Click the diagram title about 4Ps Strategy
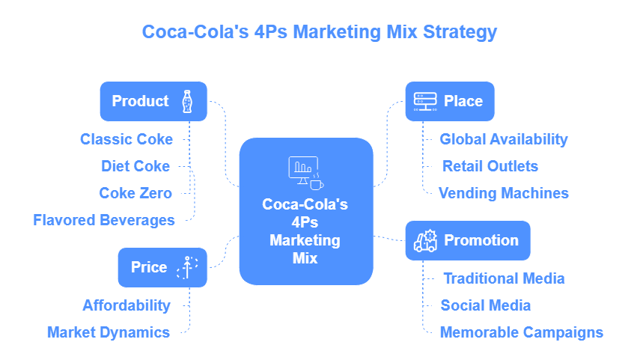pos(320,32)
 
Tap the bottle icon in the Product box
pos(186,101)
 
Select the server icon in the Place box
pos(424,101)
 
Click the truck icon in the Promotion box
pos(424,240)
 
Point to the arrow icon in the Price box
pos(186,267)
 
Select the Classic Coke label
pos(127,139)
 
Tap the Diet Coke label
pos(135,166)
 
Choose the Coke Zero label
pos(135,193)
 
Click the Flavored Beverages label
pos(104,220)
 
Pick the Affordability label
pos(127,305)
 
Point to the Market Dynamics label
pos(109,332)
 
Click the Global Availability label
pos(504,139)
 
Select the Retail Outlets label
pos(490,166)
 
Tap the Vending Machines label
pos(504,193)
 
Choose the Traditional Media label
pos(504,278)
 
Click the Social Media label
pos(486,305)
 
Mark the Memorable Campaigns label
pos(522,332)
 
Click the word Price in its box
pos(149,267)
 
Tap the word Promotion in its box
pos(481,240)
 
